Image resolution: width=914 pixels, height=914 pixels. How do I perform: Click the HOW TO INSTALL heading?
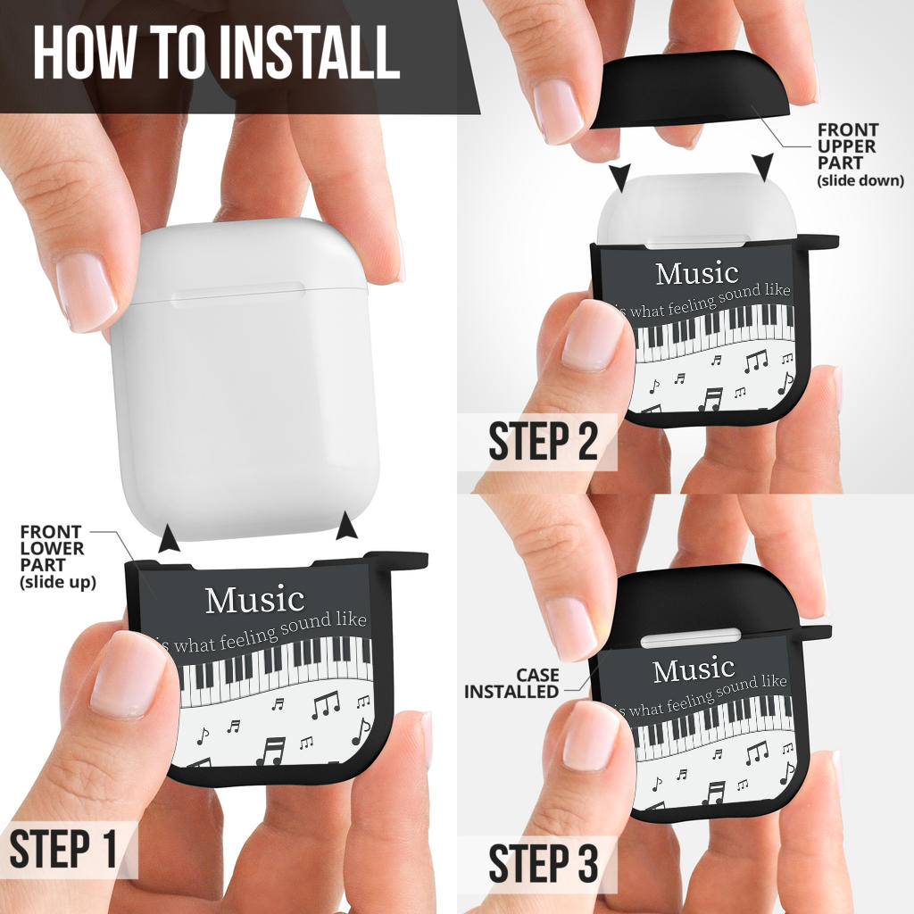point(216,53)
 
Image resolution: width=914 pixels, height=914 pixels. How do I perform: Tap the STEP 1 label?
point(64,850)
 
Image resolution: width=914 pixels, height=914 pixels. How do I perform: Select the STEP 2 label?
point(543,442)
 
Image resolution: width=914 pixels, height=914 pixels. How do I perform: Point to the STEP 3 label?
point(543,864)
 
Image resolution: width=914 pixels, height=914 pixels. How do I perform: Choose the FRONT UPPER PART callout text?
point(860,154)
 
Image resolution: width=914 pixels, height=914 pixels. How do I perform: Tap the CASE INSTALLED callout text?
point(512,684)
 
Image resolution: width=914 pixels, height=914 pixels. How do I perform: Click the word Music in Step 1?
point(254,600)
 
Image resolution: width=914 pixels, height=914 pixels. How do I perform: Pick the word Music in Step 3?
point(694,670)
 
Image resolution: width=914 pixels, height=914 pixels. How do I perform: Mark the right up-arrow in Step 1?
point(347,527)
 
